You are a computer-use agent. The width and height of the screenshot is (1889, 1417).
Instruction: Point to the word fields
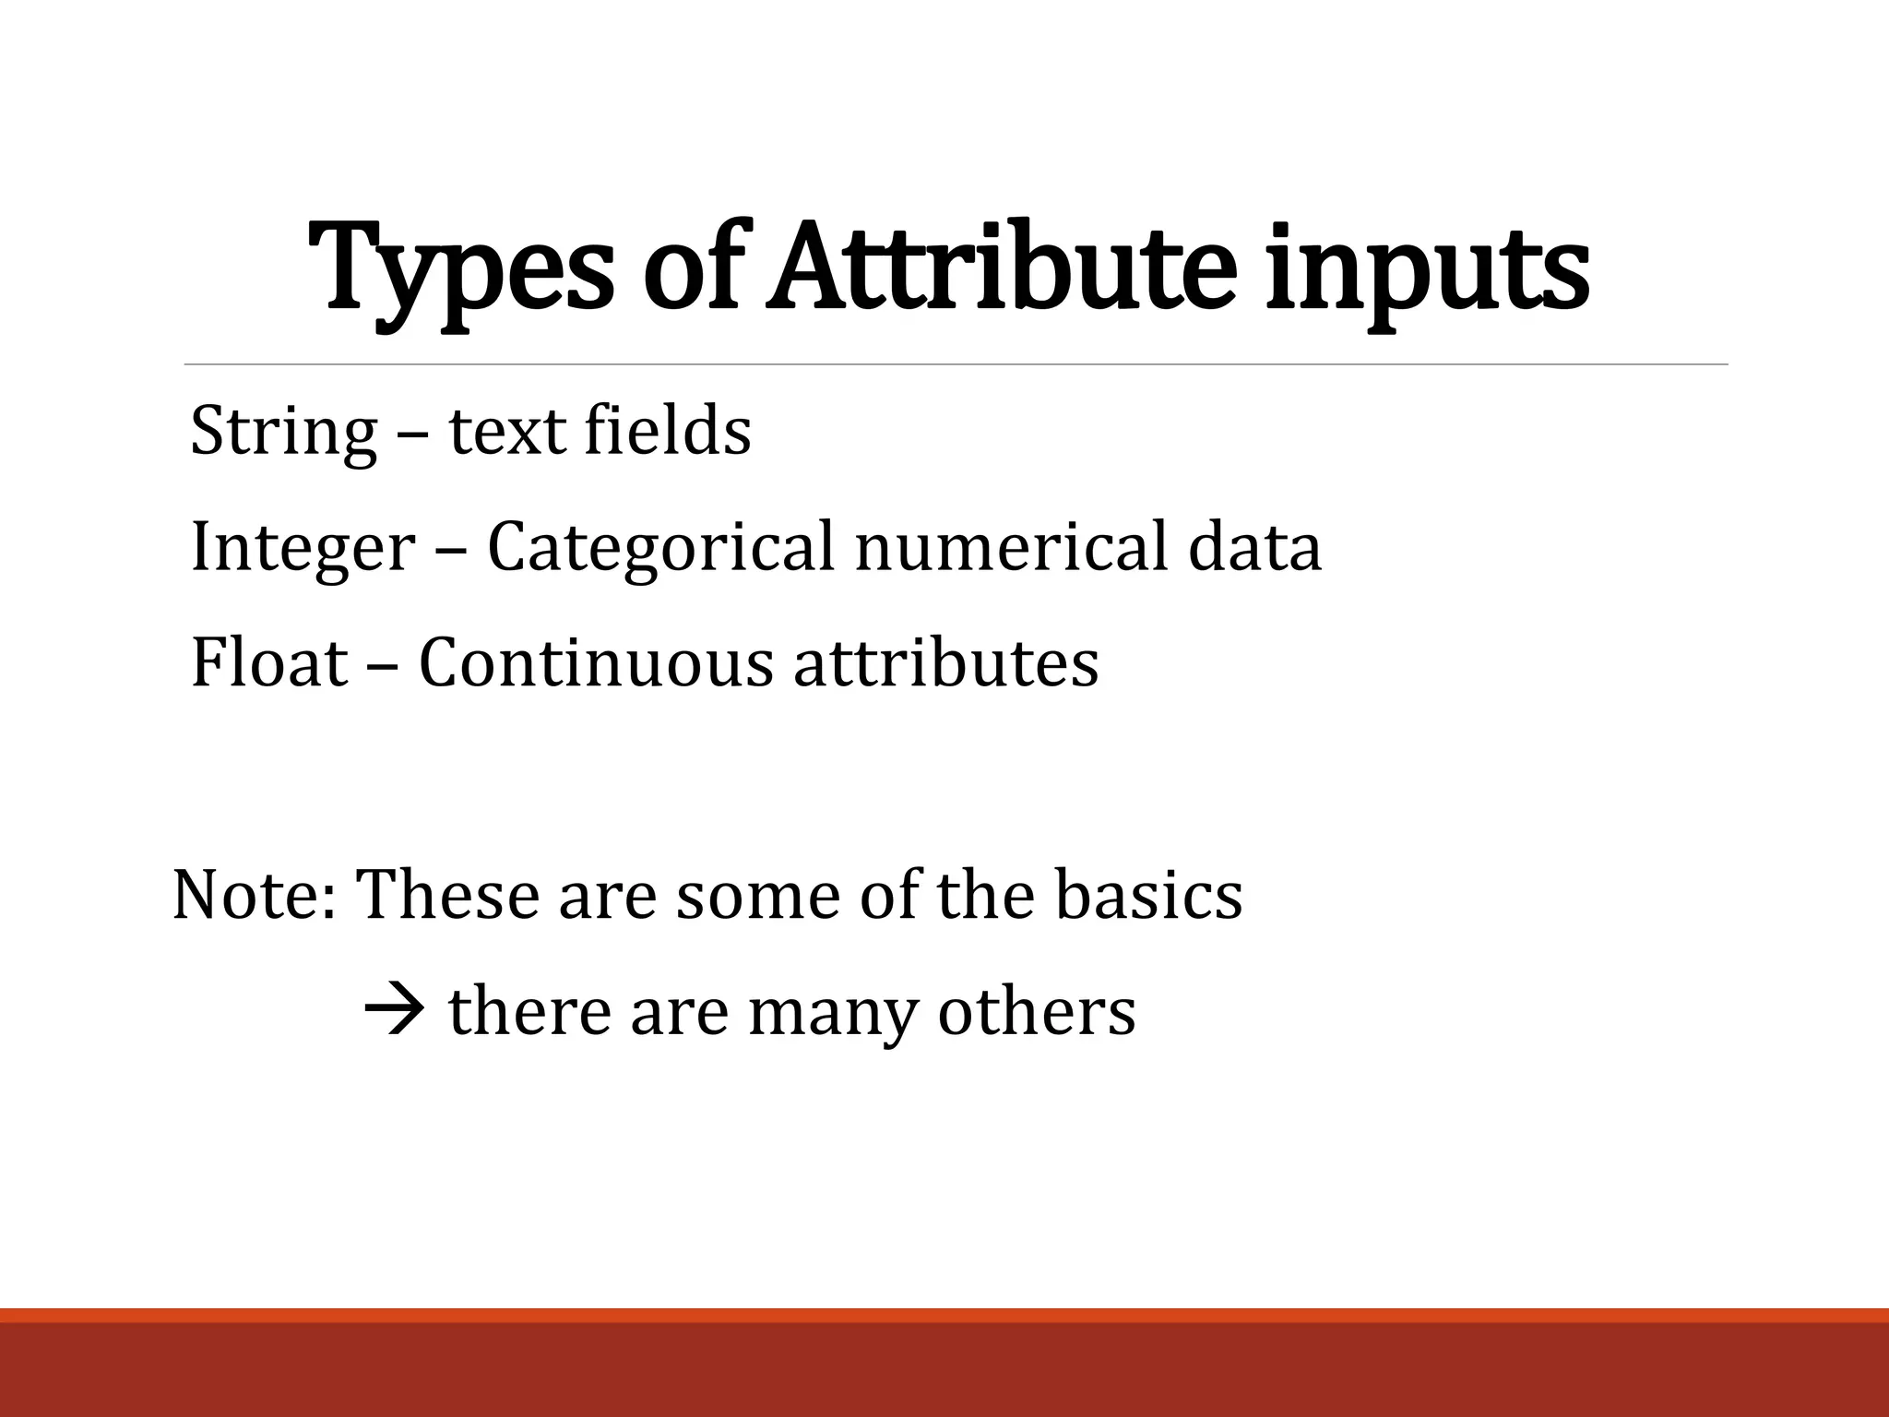click(668, 431)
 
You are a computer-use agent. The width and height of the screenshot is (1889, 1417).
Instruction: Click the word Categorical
click(660, 548)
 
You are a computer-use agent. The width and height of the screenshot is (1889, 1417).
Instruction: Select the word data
click(1254, 548)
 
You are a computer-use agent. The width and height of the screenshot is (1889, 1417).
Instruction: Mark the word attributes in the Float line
click(946, 663)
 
